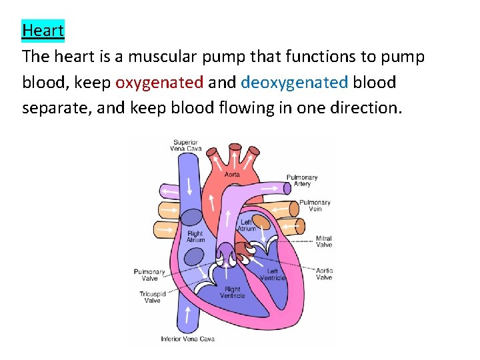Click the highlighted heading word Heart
tap(43, 30)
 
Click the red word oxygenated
tap(159, 83)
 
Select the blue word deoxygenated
tap(294, 83)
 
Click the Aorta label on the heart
tap(232, 174)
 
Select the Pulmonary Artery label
tap(302, 180)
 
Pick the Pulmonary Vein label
tap(315, 205)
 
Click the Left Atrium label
tap(247, 225)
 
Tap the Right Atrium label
tap(195, 237)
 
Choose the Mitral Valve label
tap(324, 241)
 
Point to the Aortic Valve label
tap(324, 274)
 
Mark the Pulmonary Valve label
tap(149, 275)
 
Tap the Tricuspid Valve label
tap(153, 297)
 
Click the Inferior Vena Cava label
tap(187, 339)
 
